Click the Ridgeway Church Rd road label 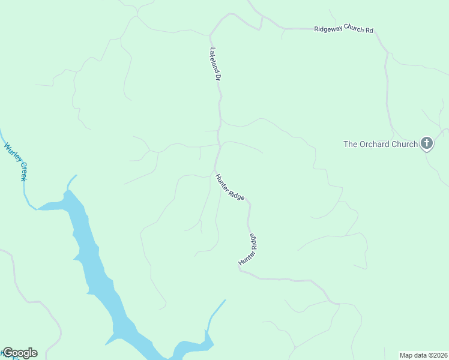344,29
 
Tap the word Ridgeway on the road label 328,29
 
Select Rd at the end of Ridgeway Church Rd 369,30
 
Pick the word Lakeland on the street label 214,59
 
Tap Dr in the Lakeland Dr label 218,77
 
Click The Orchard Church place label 380,144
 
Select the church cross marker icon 427,143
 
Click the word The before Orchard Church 351,144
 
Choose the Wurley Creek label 16,160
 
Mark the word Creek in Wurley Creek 23,171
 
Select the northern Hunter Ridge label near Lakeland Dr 230,187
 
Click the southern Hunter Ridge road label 248,250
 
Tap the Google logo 20,353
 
